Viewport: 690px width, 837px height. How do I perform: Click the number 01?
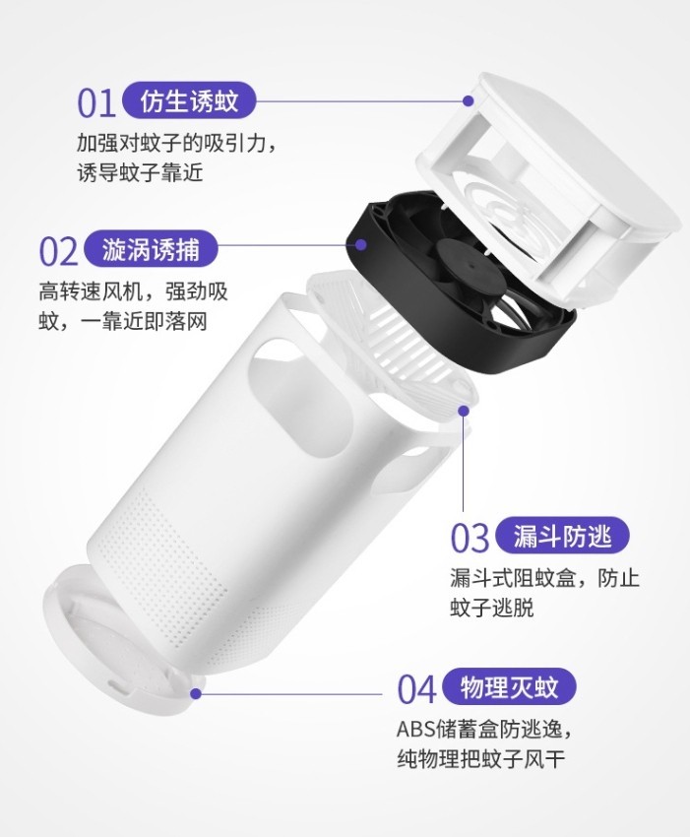(x=96, y=103)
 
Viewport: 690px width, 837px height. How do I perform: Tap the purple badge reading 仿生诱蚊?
(x=189, y=100)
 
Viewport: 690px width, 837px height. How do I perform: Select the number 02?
(x=59, y=252)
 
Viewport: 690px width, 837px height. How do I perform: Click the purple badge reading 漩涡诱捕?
(x=152, y=249)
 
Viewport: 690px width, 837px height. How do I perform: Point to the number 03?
(x=470, y=538)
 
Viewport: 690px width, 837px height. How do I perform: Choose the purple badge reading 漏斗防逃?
(x=562, y=536)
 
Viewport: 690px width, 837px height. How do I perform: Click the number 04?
(x=417, y=689)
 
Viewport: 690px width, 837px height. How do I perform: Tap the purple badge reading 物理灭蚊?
(x=510, y=686)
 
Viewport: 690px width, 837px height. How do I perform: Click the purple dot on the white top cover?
(x=469, y=100)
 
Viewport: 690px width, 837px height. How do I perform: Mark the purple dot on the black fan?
(x=361, y=244)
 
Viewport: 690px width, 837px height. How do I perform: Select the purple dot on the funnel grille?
(x=464, y=411)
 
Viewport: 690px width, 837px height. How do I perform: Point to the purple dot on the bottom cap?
(x=196, y=693)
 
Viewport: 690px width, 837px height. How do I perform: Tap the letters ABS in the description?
(x=415, y=729)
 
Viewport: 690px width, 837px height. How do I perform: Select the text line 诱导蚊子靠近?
(x=141, y=173)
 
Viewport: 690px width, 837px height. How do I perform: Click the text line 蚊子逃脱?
(x=491, y=609)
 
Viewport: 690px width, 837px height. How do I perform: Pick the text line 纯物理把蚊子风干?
(x=480, y=759)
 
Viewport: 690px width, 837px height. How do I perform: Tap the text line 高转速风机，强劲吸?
(x=133, y=292)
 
